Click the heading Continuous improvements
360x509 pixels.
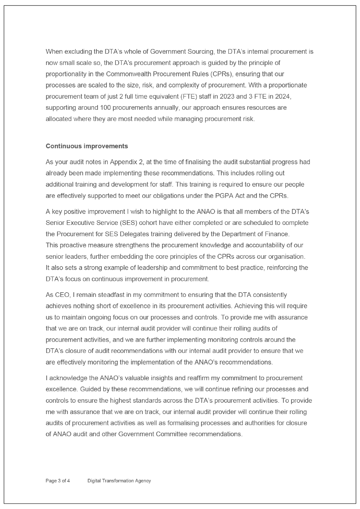pyautogui.click(x=87, y=146)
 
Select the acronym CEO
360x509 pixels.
pyautogui.click(x=60, y=295)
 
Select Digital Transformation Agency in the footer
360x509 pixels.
pyautogui.click(x=119, y=481)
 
